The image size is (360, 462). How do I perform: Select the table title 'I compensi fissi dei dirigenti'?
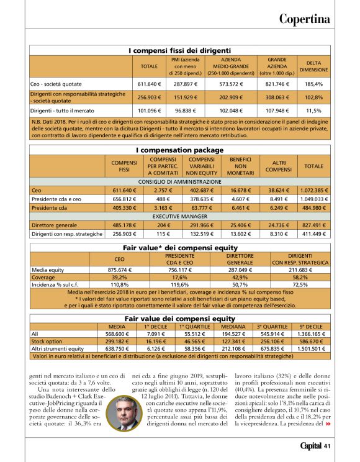179,50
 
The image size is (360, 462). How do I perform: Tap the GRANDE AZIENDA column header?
276,65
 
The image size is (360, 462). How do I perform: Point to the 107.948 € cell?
276,111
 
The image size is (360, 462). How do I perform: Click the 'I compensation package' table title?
179,150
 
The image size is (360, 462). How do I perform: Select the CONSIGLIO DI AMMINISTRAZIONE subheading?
179,181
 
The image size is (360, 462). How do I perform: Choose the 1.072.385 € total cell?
314,191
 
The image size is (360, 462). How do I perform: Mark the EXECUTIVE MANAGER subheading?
179,216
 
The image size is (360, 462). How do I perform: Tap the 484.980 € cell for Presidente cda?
314,208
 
